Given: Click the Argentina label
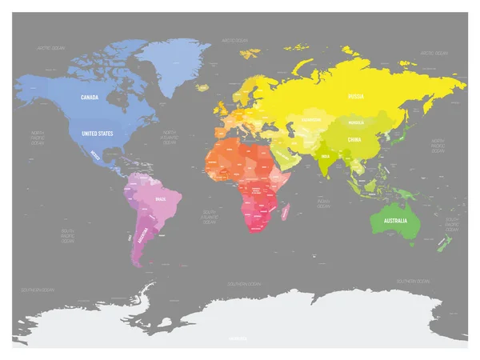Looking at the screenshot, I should pyautogui.click(x=143, y=238).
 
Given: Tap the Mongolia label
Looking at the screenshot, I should pyautogui.click(x=357, y=122).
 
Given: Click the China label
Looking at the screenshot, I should pyautogui.click(x=353, y=139).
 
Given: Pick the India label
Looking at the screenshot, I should pyautogui.click(x=324, y=157).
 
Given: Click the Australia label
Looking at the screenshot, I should pyautogui.click(x=395, y=220).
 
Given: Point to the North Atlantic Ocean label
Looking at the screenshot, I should pyautogui.click(x=170, y=137).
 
